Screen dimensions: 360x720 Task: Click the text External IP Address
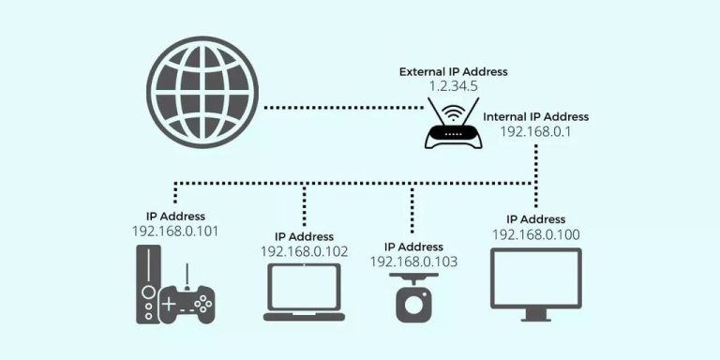click(x=453, y=71)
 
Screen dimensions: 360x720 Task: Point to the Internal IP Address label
click(x=536, y=117)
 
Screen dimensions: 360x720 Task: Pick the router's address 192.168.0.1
click(x=536, y=133)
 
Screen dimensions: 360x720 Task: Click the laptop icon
click(x=304, y=292)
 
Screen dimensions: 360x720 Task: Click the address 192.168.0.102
click(x=305, y=251)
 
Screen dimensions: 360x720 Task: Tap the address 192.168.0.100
click(x=537, y=233)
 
